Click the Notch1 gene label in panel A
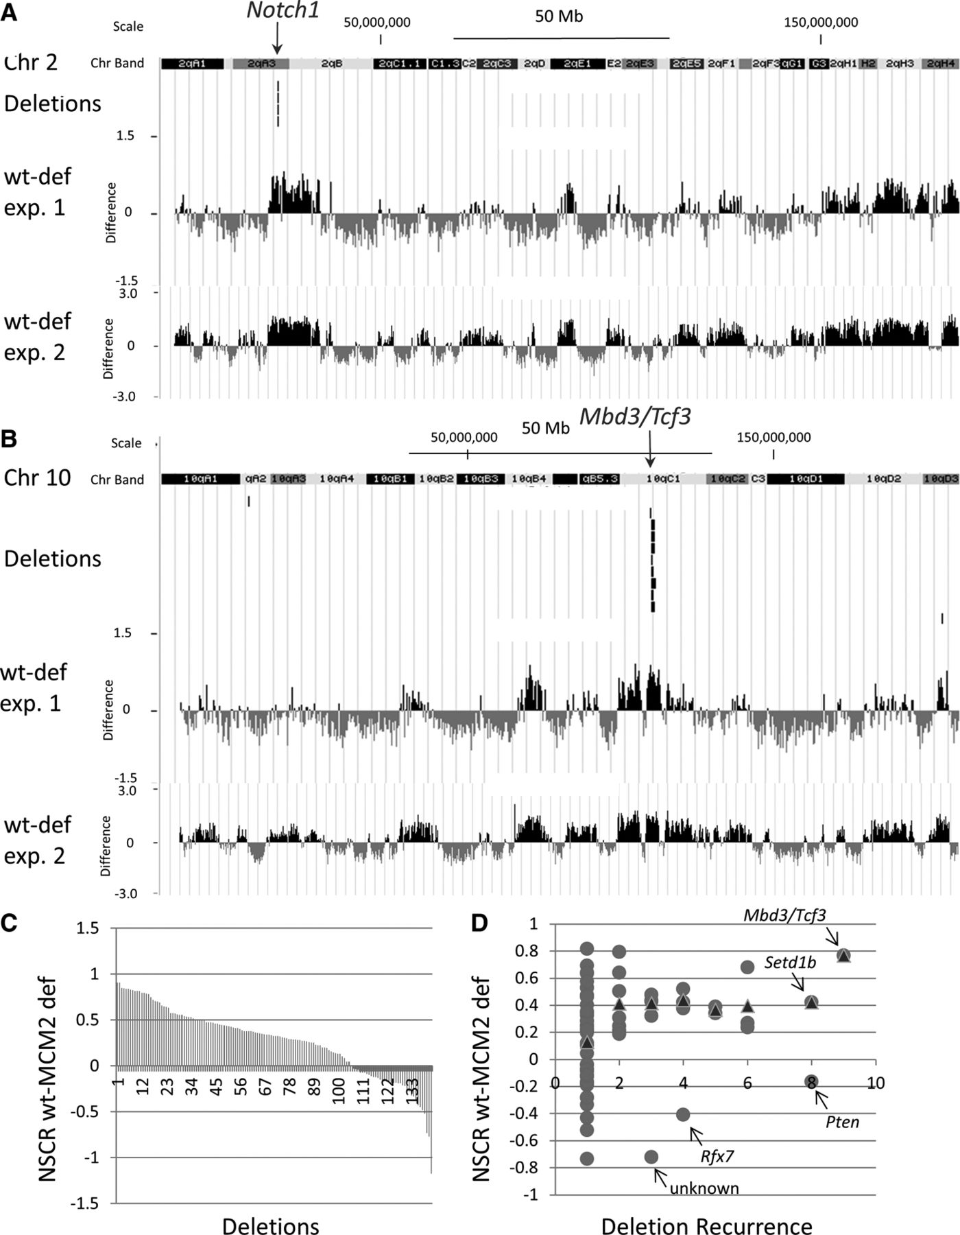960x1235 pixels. click(283, 11)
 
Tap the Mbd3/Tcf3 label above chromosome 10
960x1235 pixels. click(635, 416)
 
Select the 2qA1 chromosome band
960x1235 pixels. click(193, 64)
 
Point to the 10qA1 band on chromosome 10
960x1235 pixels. click(201, 479)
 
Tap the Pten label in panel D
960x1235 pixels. click(842, 1122)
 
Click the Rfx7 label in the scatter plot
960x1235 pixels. click(717, 1157)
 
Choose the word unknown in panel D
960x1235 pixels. click(704, 1188)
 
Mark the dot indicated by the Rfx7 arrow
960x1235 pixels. click(683, 1114)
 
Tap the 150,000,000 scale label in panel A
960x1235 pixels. click(821, 22)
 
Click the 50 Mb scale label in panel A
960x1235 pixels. click(559, 16)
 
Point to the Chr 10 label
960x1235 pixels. click(37, 478)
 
